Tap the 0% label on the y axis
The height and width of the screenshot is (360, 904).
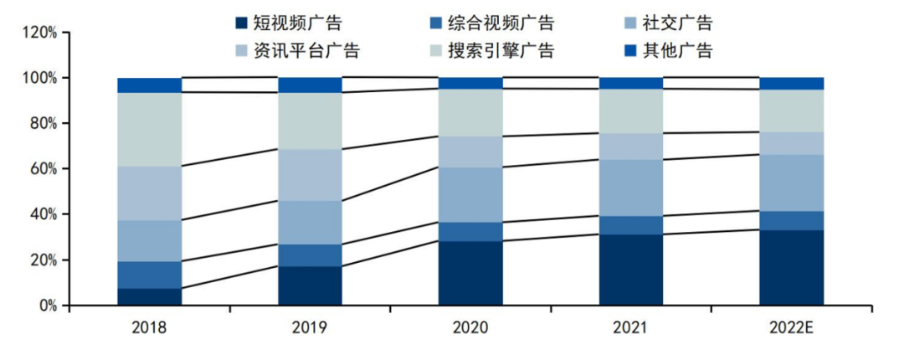(x=47, y=306)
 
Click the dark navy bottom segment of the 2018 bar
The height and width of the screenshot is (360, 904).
(x=149, y=297)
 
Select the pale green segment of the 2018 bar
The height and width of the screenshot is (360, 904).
(x=149, y=129)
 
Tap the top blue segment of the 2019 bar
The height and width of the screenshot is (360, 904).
(x=310, y=85)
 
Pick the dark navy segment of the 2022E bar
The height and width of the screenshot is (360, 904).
(x=792, y=268)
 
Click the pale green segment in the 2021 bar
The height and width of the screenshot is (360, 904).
(x=631, y=111)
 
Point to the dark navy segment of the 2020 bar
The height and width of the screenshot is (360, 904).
(x=470, y=273)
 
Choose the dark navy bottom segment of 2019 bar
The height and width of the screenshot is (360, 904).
(x=310, y=285)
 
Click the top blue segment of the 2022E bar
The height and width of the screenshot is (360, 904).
(x=792, y=83)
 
